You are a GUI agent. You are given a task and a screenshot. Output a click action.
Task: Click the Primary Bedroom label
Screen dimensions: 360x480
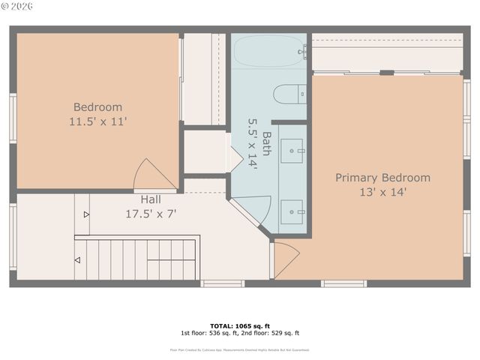(382, 178)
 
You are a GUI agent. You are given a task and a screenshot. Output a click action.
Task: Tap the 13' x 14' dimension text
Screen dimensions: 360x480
(382, 192)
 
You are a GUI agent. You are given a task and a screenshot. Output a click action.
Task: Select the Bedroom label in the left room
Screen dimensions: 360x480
(97, 107)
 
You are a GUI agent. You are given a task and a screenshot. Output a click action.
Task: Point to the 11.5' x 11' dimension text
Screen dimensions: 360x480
(97, 121)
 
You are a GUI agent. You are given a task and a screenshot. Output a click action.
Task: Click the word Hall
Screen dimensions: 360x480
(150, 199)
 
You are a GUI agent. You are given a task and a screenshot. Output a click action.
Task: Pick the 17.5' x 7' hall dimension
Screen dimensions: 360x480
(150, 213)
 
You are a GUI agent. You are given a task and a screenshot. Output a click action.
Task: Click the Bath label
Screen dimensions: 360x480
(266, 142)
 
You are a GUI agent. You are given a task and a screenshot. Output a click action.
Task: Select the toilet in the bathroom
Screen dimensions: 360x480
(289, 94)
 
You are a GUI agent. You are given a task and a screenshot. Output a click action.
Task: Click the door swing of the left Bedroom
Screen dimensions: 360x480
(153, 177)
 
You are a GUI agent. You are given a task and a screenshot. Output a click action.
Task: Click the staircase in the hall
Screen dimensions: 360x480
(135, 259)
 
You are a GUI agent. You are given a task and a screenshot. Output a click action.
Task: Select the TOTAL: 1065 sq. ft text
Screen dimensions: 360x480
(239, 325)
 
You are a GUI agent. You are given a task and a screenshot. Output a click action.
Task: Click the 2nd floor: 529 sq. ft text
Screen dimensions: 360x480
(270, 333)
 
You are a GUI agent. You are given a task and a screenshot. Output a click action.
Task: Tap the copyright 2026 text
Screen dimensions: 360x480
(18, 7)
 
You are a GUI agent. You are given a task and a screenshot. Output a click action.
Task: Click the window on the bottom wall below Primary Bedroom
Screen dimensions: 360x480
(343, 283)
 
